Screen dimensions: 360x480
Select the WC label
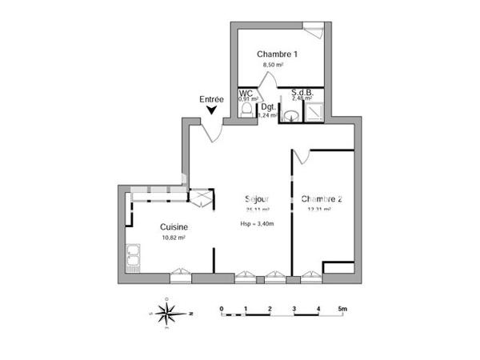pos(246,93)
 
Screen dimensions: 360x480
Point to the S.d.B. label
pos(302,92)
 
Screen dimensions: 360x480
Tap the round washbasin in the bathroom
pos(293,116)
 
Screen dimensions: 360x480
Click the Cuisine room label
pos(174,226)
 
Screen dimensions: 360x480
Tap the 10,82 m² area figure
pos(174,238)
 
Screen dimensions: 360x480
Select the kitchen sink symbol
pos(133,256)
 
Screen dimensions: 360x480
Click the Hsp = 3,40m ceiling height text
pos(257,224)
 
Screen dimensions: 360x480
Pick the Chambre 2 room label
pos(322,198)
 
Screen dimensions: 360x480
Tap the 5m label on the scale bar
pos(343,308)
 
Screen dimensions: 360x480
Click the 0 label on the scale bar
pos(222,308)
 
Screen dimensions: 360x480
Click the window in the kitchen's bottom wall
pos(181,277)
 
